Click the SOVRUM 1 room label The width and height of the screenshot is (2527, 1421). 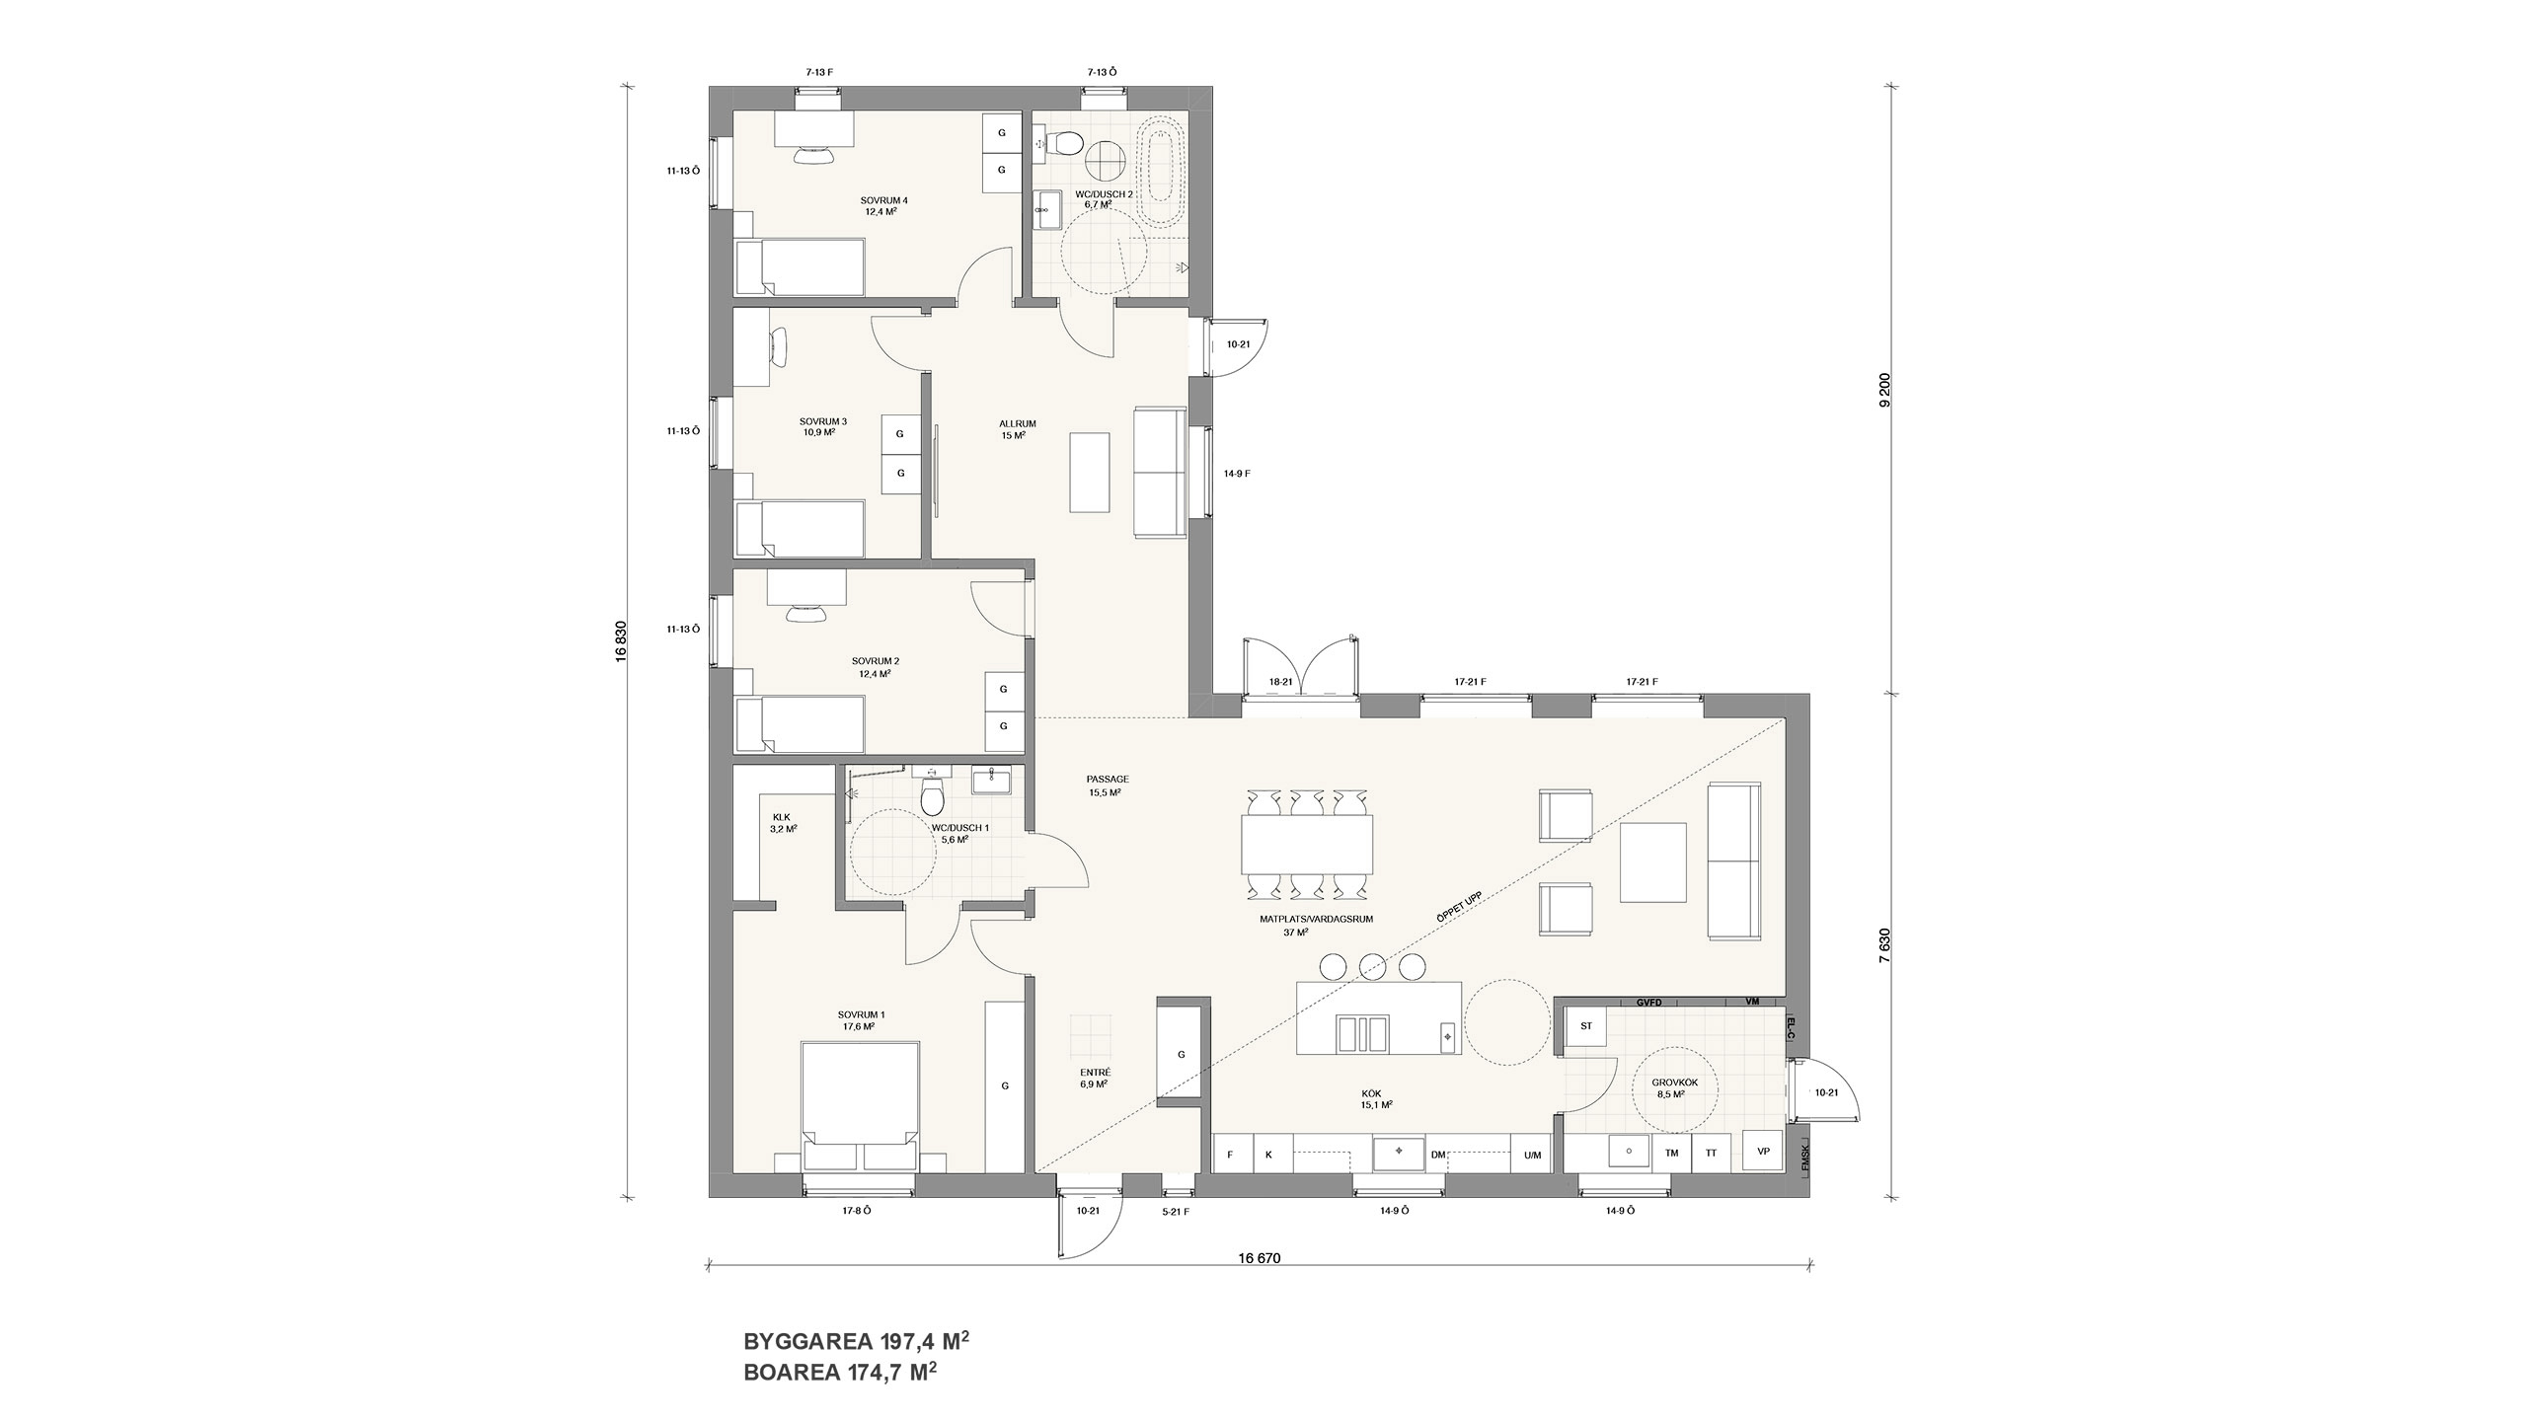pyautogui.click(x=861, y=1020)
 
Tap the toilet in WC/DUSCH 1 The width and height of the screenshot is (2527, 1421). pyautogui.click(x=932, y=794)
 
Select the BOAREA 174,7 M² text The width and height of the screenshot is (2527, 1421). pyautogui.click(x=839, y=1398)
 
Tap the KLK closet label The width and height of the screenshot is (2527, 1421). pyautogui.click(x=783, y=823)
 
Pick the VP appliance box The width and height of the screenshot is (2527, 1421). pyautogui.click(x=1763, y=1152)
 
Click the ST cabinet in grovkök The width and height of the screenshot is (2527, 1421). pyautogui.click(x=1586, y=1026)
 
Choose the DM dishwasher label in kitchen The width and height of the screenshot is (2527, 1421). pyautogui.click(x=1437, y=1155)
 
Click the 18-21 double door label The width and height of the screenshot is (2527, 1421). pyautogui.click(x=1281, y=682)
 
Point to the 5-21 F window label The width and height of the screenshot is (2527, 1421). pyautogui.click(x=1175, y=1238)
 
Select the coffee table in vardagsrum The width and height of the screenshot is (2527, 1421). pyautogui.click(x=1652, y=862)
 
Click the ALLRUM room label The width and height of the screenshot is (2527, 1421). pyautogui.click(x=1017, y=429)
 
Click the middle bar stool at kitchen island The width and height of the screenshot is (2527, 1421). pyautogui.click(x=1372, y=966)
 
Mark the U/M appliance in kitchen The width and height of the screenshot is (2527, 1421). pyautogui.click(x=1532, y=1155)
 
